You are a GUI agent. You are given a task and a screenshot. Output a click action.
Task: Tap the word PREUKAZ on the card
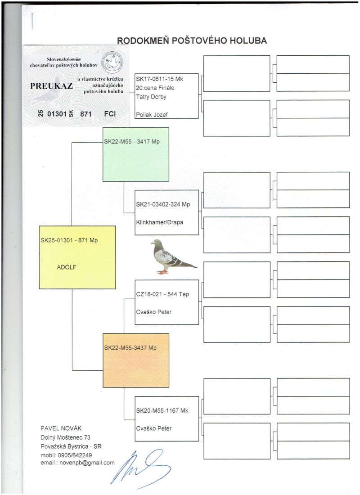click(x=51, y=86)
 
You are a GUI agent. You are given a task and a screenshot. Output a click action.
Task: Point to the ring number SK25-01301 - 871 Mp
click(x=69, y=240)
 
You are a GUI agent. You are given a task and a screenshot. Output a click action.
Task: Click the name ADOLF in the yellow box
click(x=67, y=266)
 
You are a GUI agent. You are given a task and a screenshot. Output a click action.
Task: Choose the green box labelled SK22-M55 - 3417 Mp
click(x=135, y=154)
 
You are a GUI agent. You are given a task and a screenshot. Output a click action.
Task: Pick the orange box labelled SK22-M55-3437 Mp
click(x=135, y=360)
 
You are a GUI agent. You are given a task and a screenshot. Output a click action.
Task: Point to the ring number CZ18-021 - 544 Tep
click(x=162, y=294)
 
